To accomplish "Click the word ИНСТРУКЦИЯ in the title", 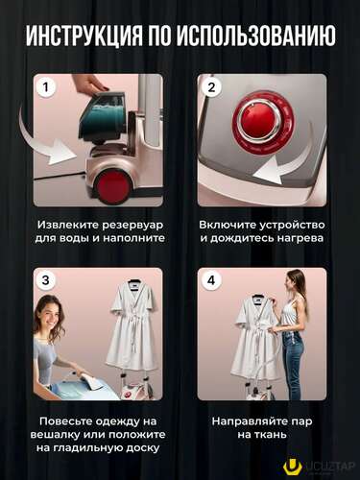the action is coord(84,35).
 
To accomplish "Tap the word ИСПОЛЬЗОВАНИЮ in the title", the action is coord(255,35).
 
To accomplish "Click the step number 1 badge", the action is coord(45,87).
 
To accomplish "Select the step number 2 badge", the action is coord(211,87).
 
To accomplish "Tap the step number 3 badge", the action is coord(45,280).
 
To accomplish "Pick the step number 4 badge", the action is coord(211,280).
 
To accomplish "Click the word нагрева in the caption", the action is coord(300,238).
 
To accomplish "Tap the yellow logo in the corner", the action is coord(292,468).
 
